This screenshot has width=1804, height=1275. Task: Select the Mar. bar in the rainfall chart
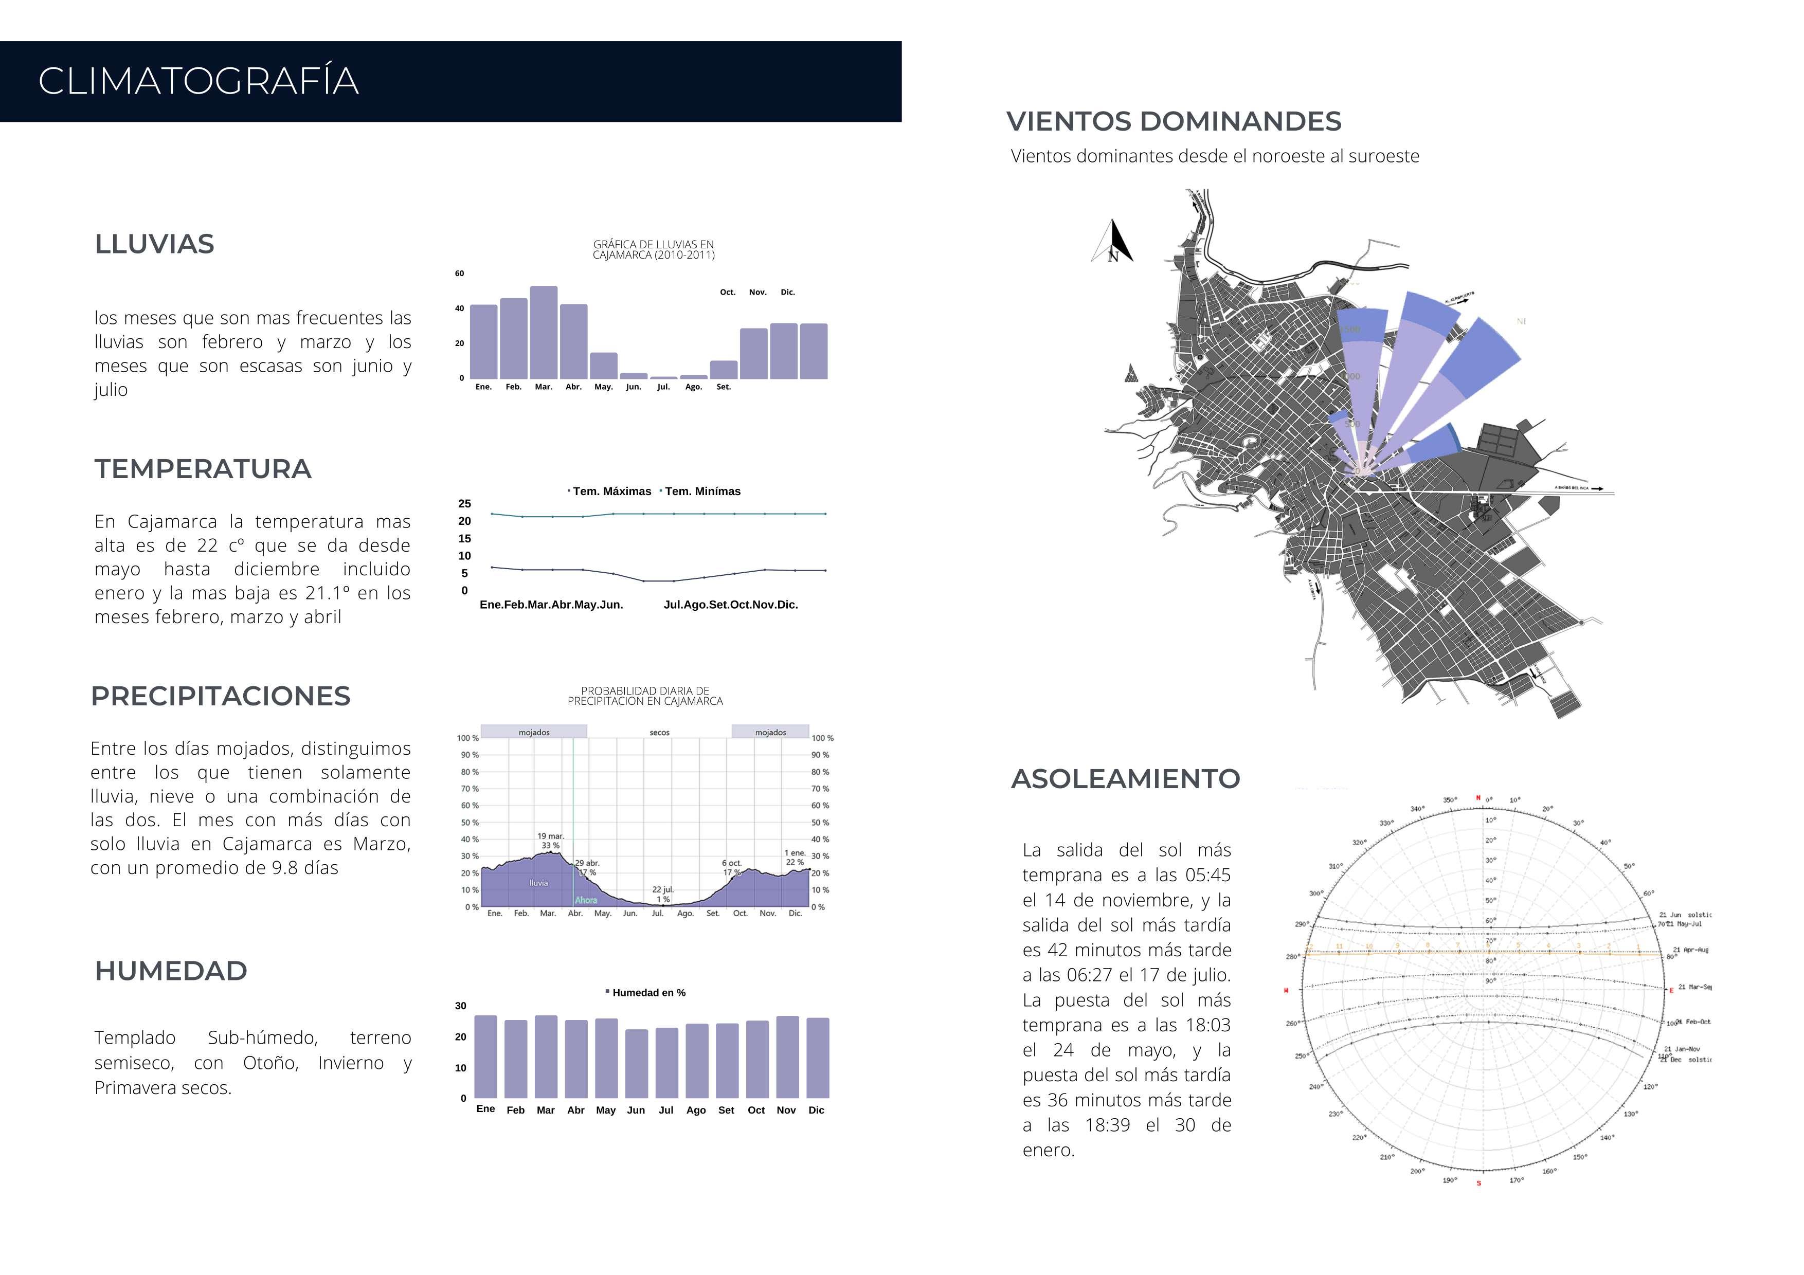[x=544, y=332]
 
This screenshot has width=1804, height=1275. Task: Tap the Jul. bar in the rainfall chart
[x=663, y=378]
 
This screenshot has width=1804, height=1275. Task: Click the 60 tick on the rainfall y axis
[x=460, y=274]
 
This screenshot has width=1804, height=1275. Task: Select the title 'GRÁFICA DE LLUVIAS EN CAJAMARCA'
[x=654, y=250]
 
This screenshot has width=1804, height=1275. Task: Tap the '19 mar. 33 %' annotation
[x=550, y=841]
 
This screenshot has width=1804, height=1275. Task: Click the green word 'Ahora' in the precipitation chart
[x=585, y=900]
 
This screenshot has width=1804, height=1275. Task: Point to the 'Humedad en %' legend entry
[x=647, y=993]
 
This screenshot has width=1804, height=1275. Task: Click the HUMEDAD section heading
[x=171, y=971]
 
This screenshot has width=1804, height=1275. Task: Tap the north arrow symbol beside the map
[x=1114, y=242]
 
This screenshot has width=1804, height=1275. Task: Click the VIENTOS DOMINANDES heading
[x=1174, y=122]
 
